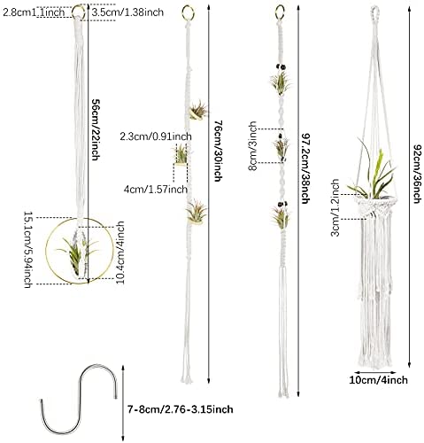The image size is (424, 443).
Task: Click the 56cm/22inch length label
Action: [95, 129]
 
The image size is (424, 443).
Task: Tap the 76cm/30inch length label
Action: [218, 151]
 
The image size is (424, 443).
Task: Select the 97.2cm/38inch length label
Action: [305, 168]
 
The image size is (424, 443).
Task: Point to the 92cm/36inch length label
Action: [416, 174]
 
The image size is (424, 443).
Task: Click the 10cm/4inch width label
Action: [379, 380]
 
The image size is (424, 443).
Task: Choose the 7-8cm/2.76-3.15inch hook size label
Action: [180, 409]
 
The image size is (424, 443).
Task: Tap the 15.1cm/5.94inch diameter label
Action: [27, 250]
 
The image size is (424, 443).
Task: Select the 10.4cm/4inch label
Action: [120, 253]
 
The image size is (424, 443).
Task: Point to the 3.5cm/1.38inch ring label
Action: [127, 12]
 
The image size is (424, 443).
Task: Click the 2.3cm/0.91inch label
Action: [156, 136]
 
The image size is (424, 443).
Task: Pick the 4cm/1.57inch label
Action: [156, 189]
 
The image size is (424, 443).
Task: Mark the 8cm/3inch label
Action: [253, 146]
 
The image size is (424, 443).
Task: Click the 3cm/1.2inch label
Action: [335, 207]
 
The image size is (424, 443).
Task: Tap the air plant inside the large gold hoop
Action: [77, 253]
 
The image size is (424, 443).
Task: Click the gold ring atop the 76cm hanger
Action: [188, 13]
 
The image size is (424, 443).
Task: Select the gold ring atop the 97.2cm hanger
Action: [280, 12]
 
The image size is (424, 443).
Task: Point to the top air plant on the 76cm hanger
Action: [198, 110]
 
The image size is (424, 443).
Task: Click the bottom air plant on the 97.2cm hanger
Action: [281, 216]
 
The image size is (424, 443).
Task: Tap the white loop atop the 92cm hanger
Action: [374, 12]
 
